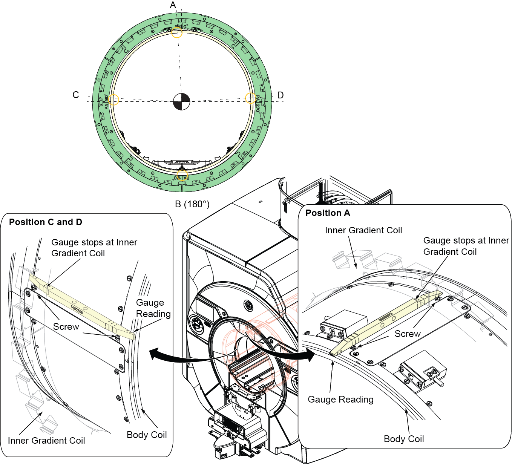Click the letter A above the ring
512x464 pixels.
173,5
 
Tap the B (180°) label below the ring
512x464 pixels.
192,204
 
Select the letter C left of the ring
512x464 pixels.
76,95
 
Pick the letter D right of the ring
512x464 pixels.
281,95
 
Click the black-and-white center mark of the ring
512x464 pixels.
181,102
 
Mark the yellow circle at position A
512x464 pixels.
177,32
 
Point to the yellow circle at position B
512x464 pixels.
182,175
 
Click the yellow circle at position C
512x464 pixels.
113,100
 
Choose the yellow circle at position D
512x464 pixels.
251,98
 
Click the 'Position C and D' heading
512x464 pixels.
46,222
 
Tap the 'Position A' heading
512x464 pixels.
328,213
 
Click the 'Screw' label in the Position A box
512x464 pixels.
407,334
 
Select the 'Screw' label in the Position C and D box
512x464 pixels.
66,326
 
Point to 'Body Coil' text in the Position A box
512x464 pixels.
404,439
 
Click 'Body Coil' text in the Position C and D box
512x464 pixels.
147,435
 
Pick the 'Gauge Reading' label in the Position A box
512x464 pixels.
340,399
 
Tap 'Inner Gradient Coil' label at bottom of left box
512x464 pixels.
46,440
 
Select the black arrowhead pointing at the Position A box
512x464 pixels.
310,355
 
